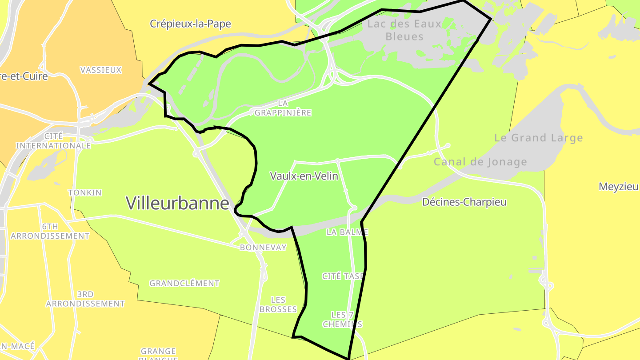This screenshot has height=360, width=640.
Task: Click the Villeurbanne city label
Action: tap(177, 203)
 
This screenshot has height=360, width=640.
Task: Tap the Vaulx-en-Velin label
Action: tap(304, 176)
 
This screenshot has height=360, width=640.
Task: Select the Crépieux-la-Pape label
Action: tap(190, 24)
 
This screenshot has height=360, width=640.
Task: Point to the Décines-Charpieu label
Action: tap(464, 202)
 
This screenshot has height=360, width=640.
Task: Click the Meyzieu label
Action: tap(618, 186)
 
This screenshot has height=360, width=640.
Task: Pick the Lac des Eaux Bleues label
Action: tap(404, 30)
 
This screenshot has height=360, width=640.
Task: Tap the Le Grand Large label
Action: tap(538, 138)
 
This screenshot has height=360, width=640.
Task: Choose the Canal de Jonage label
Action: tap(480, 162)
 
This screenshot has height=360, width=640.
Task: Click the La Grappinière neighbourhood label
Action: tap(283, 108)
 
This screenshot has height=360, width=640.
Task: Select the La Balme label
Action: tap(347, 232)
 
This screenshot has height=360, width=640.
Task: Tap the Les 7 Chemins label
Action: tap(342, 320)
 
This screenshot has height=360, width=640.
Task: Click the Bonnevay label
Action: tap(263, 248)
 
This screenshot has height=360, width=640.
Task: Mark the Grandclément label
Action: tap(184, 283)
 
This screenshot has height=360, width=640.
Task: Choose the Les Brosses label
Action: tap(278, 304)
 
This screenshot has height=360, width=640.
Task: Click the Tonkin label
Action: tap(85, 192)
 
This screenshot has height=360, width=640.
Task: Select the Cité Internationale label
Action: tap(54, 140)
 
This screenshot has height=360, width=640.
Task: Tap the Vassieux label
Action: tap(101, 70)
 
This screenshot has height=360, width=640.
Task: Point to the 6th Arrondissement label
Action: tap(50, 231)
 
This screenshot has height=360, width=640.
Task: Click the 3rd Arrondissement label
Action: tap(85, 299)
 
